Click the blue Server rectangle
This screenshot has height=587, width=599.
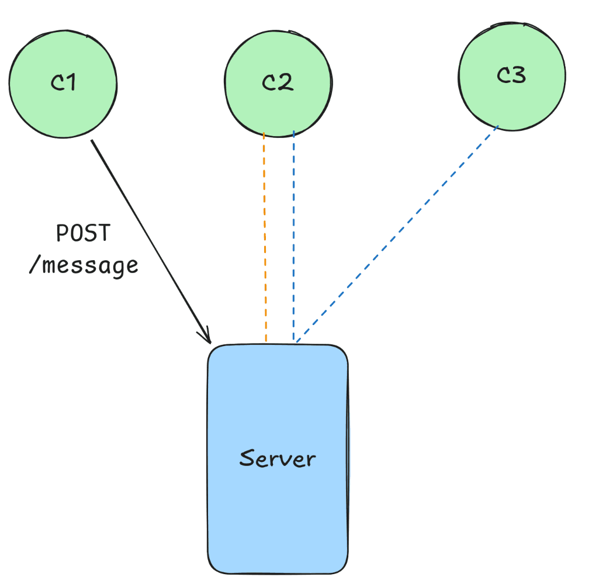[x=278, y=409]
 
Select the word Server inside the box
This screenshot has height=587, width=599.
[x=278, y=458]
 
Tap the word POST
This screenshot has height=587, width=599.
[x=82, y=234]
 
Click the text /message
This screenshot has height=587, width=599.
[x=83, y=265]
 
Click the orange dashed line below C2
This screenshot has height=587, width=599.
[x=265, y=234]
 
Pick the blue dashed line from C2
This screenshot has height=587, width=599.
[x=293, y=234]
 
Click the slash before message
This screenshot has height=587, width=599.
[x=33, y=265]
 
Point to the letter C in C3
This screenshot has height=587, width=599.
[x=503, y=75]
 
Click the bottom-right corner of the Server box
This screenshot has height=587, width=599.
[x=346, y=570]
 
